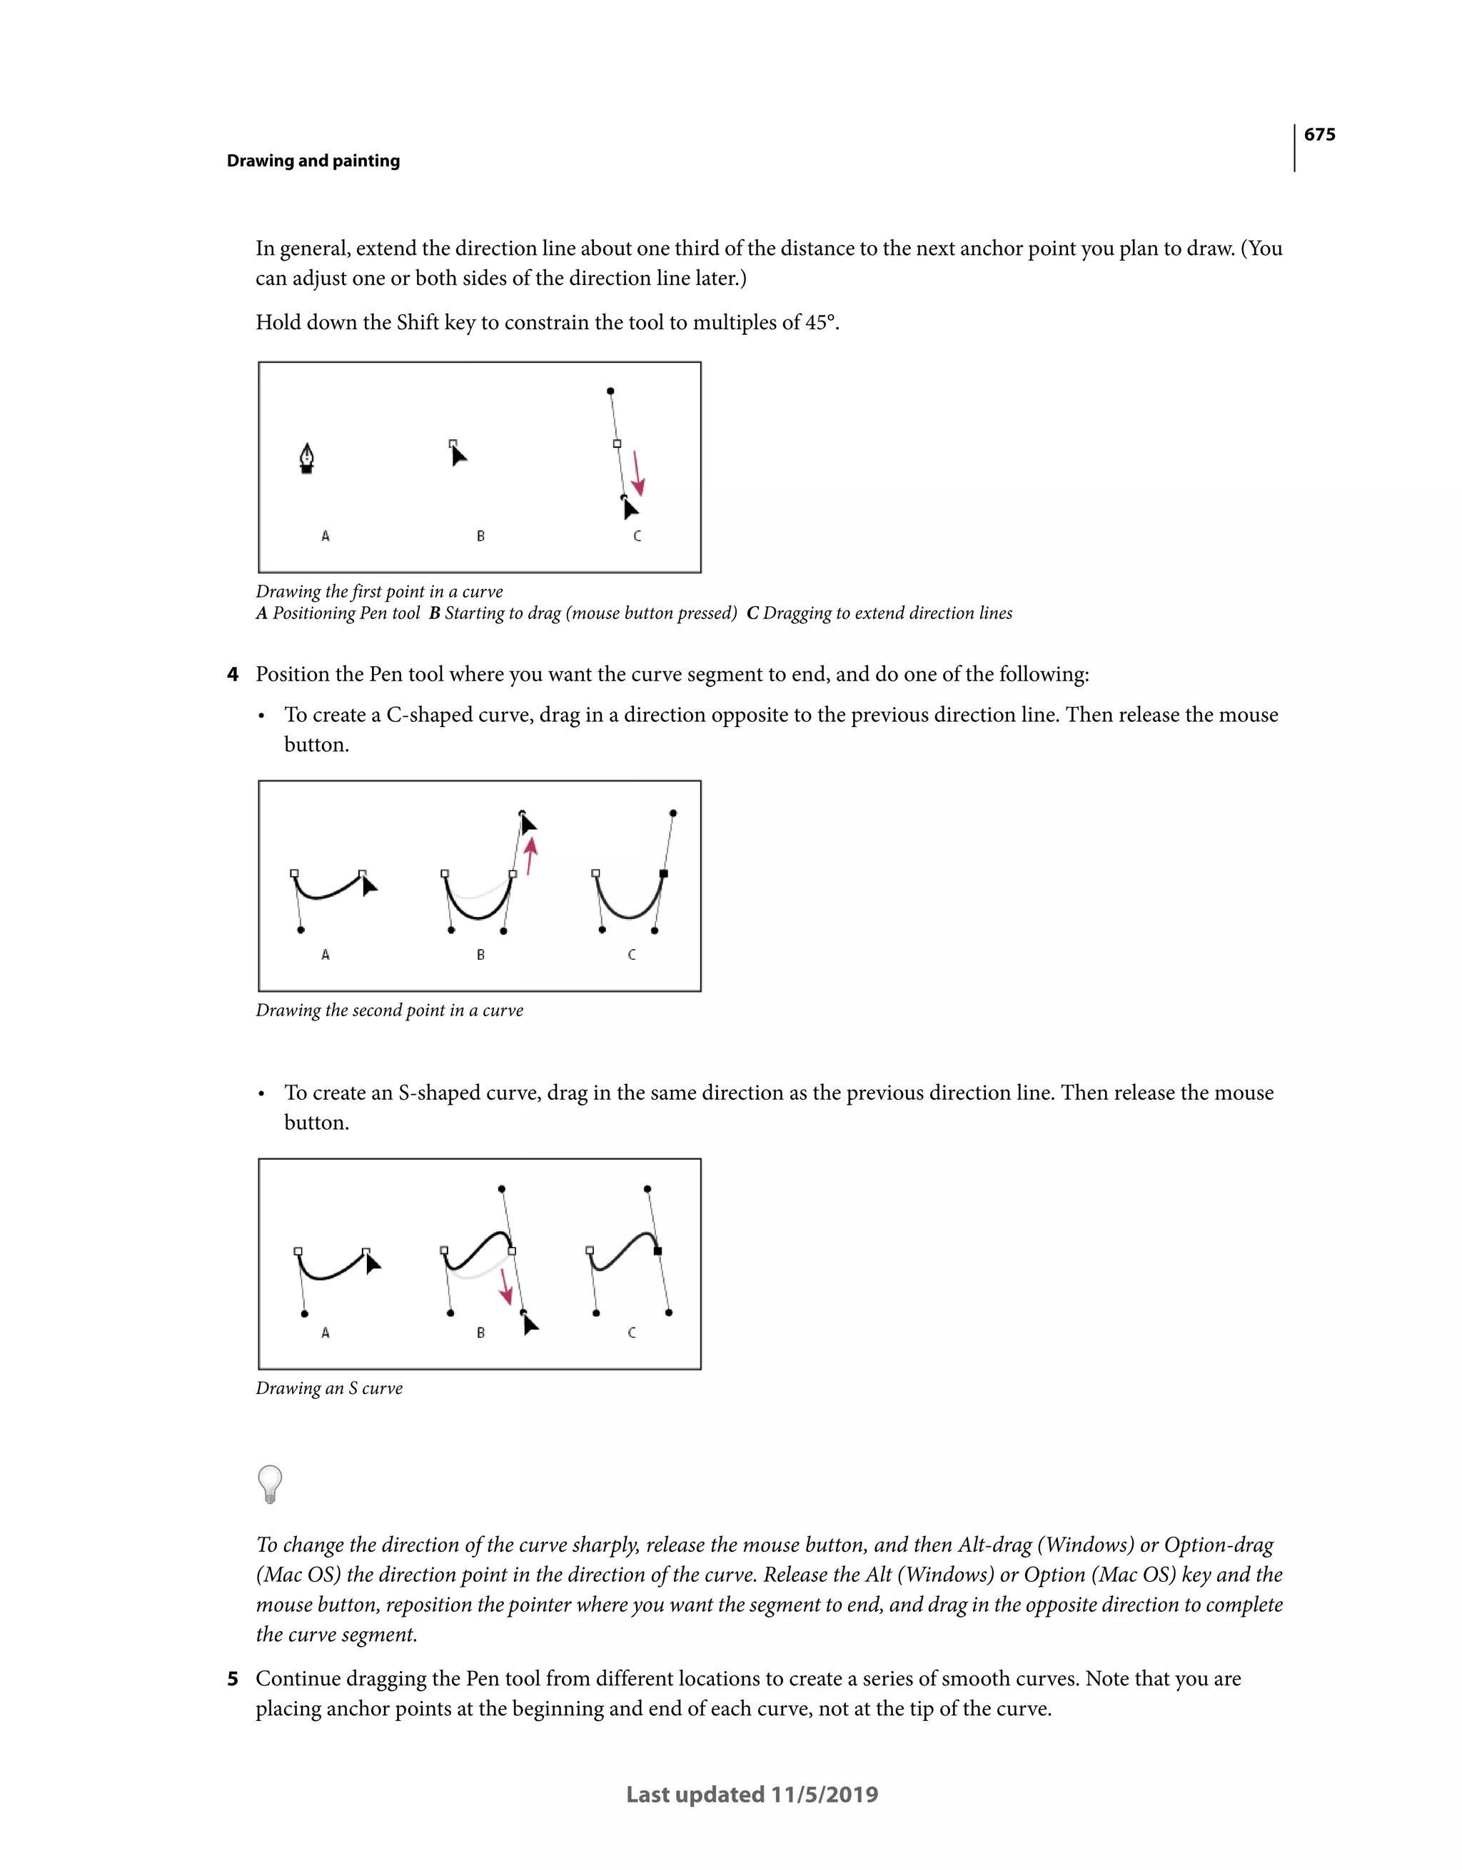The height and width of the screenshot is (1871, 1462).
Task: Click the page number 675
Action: (1319, 134)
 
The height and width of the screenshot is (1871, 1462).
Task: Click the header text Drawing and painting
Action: (313, 161)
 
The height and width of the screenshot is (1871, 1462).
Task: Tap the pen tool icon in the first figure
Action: (307, 458)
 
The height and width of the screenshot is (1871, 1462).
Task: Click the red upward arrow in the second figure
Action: (531, 855)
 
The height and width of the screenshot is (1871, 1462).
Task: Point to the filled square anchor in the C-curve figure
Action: (664, 874)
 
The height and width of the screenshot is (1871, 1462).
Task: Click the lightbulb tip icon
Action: (270, 1484)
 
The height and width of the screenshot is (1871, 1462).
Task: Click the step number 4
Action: (232, 675)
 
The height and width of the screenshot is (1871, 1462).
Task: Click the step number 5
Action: (232, 1679)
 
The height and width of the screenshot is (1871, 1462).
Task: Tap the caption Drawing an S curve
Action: (329, 1389)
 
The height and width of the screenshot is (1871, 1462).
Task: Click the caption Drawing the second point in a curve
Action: (389, 1011)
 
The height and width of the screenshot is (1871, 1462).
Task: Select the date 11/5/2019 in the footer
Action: (824, 1795)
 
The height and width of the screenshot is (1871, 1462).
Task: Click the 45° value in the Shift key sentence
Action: (820, 323)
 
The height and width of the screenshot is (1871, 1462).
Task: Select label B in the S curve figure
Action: (480, 1333)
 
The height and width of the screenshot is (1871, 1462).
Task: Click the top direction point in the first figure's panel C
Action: (610, 391)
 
